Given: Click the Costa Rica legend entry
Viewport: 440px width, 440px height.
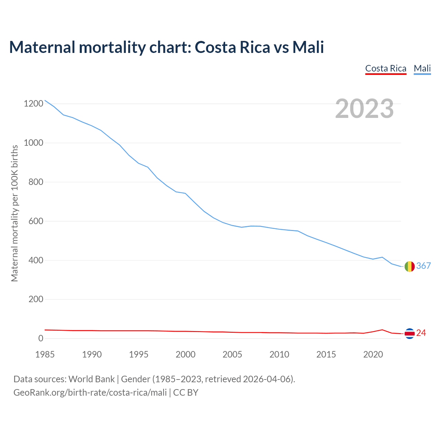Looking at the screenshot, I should (x=386, y=68).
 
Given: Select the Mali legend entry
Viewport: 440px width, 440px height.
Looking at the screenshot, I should (x=422, y=68).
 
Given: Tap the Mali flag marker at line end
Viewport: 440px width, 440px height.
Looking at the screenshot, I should (x=409, y=266).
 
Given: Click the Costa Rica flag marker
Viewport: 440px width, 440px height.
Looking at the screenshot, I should (x=409, y=333).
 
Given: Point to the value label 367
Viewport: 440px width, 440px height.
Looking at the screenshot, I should (x=423, y=266).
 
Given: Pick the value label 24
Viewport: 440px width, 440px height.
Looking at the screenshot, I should (x=421, y=333).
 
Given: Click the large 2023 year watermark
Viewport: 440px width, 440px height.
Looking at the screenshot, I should (x=364, y=109).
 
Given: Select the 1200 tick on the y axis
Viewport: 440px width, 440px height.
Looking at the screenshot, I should (x=33, y=103).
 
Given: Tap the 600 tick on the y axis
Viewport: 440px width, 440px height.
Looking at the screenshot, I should (x=36, y=221).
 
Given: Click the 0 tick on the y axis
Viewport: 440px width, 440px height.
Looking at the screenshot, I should (x=41, y=339).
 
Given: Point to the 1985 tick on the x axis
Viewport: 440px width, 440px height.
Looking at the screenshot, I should (x=45, y=354).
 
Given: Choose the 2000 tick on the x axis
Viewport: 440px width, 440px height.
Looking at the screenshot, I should (x=186, y=354).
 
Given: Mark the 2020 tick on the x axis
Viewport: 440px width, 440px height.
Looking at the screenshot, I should (x=373, y=354).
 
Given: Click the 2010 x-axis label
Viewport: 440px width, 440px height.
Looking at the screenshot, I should (x=279, y=354).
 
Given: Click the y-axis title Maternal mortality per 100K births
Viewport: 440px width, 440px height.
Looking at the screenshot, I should (x=14, y=213).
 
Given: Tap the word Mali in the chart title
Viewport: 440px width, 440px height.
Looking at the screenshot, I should (x=308, y=47).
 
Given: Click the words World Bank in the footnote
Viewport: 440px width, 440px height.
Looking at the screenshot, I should (x=91, y=379).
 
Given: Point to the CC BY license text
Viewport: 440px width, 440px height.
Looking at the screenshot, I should (x=186, y=393).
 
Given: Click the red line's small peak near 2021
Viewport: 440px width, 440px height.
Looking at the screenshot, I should (x=382, y=330).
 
